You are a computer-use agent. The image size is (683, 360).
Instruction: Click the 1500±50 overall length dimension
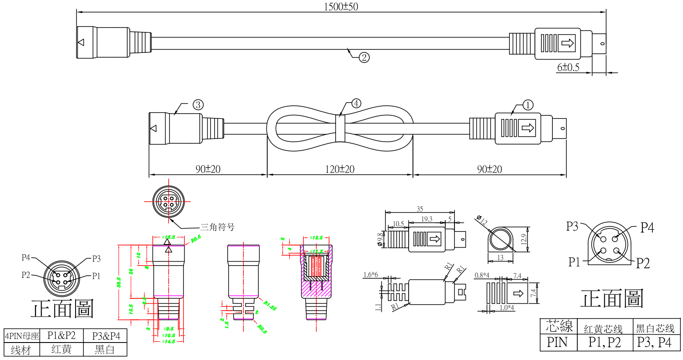coord(341,7)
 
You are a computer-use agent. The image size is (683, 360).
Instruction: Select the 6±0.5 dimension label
coord(568,67)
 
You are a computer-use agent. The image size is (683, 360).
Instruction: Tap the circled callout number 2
coord(364,57)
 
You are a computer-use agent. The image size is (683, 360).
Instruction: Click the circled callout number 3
coord(198,105)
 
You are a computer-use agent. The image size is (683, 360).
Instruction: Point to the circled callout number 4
coord(356,104)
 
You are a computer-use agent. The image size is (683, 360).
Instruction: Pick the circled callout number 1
coord(528,105)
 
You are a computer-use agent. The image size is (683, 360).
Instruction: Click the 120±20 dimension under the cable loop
coord(340,169)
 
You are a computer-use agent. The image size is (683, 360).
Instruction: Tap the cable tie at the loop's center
coord(340,128)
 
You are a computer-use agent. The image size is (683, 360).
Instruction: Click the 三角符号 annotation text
coord(217,227)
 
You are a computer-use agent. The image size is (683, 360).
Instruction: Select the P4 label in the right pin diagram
coord(647,228)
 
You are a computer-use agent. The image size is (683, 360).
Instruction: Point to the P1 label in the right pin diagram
coord(574,262)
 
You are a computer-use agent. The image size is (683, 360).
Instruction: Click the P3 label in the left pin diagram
coord(96,259)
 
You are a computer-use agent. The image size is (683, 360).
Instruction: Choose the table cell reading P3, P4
coord(654,342)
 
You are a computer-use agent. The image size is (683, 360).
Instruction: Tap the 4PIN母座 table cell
coord(22,336)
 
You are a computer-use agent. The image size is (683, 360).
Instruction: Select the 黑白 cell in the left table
coord(105,350)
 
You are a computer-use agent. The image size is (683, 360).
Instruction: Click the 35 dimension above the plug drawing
coord(420,209)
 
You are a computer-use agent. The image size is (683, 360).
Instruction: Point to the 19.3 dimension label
coord(426,219)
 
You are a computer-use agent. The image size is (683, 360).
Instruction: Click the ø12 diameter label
coord(482,220)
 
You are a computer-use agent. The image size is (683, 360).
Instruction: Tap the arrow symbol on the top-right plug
coord(568,43)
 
